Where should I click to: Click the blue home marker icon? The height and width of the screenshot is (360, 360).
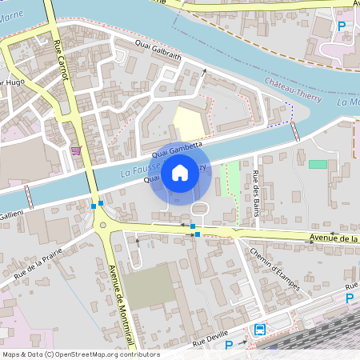180,172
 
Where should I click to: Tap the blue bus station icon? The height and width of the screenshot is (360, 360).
261,329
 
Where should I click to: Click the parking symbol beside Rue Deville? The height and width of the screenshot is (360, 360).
229,345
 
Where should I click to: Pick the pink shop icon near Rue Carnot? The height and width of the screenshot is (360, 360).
76,150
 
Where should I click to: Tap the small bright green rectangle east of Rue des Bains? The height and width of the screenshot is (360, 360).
318,164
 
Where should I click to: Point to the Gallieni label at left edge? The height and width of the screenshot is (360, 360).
11,215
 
